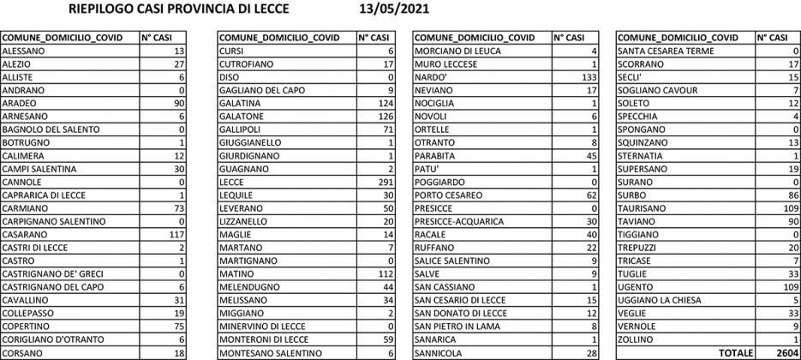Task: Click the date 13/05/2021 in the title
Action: click(x=396, y=9)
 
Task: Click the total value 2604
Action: click(x=784, y=352)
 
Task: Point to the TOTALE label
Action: click(x=735, y=352)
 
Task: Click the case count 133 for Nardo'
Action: click(x=587, y=77)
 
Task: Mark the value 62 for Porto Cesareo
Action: click(x=589, y=195)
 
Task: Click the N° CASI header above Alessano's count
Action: click(x=158, y=38)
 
